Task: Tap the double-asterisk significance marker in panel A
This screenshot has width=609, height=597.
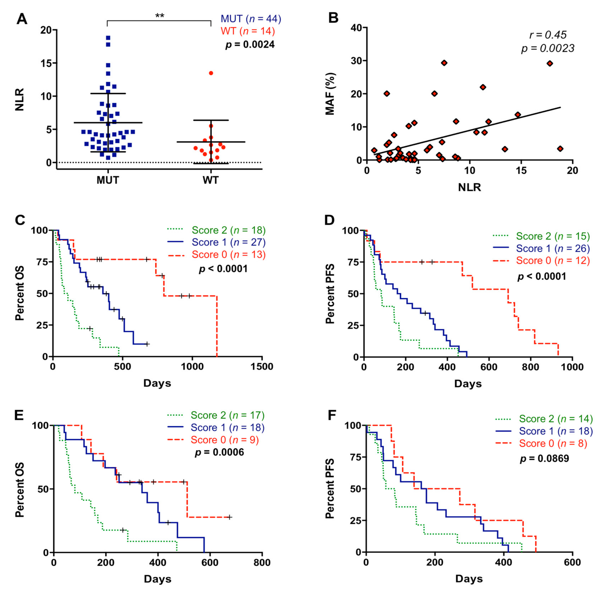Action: pyautogui.click(x=159, y=16)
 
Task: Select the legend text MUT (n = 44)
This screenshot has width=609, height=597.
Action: pyautogui.click(x=251, y=19)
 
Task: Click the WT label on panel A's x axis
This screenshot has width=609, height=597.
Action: pyautogui.click(x=210, y=180)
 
